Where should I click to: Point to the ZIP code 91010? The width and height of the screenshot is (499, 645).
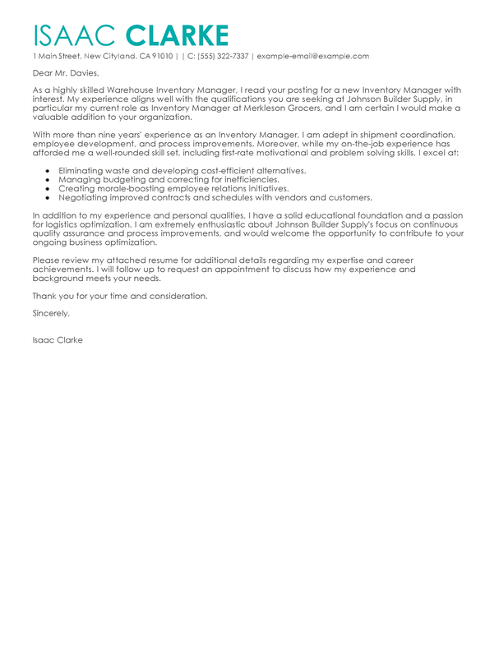163,57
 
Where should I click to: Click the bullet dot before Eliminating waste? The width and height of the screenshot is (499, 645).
49,170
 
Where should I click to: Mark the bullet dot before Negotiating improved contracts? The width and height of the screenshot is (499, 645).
49,197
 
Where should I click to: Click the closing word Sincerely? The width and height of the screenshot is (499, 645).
51,313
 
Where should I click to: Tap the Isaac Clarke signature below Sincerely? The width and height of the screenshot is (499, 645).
58,340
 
